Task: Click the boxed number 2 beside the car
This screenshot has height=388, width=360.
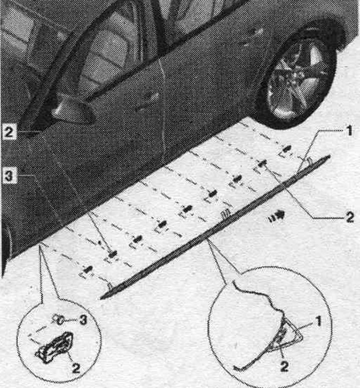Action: pos(9,132)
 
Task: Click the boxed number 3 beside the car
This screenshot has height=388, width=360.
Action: pos(9,176)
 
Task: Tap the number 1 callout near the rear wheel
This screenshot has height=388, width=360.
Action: pos(349,131)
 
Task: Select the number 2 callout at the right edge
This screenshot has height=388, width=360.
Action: pos(350,217)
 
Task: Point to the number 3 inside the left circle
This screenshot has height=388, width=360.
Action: pos(83,320)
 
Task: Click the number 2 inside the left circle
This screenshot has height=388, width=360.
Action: pos(76,368)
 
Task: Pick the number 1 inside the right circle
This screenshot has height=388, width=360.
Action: pos(318,321)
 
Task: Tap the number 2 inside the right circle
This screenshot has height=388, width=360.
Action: pos(284,366)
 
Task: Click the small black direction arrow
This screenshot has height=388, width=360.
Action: pos(277,215)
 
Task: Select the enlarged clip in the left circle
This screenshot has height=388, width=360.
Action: pos(54,347)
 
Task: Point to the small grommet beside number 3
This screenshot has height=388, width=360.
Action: pos(59,320)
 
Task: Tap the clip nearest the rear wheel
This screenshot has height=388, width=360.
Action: pos(286,149)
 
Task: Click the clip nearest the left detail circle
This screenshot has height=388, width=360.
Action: pos(87,269)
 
